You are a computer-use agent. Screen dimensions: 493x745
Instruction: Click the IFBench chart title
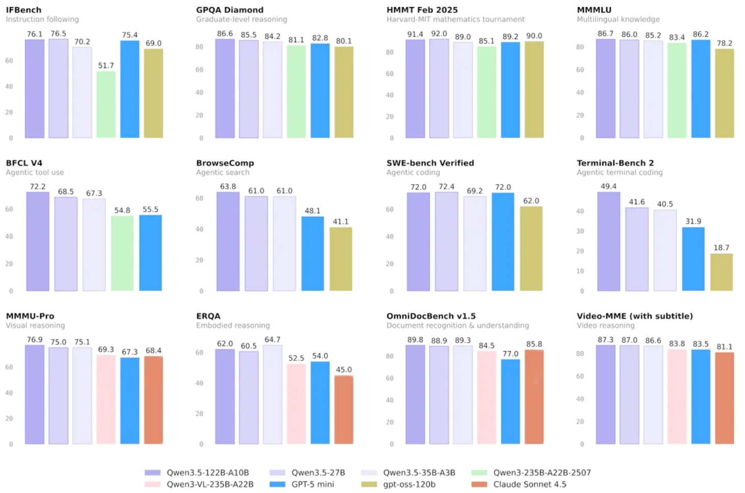23,10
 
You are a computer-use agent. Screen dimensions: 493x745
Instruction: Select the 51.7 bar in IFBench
106,105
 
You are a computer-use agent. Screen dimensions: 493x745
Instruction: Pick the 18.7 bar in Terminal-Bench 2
721,273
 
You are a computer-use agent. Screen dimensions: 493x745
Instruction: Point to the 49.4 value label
608,186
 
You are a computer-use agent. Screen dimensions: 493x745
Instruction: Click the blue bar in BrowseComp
313,254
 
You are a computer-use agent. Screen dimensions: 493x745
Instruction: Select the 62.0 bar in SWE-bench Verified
531,249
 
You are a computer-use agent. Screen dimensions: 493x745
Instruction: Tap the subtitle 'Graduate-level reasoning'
241,19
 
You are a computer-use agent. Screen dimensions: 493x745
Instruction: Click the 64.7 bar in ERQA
272,395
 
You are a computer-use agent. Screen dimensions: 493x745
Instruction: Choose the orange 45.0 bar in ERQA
344,410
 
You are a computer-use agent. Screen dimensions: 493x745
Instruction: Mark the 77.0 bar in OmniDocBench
510,402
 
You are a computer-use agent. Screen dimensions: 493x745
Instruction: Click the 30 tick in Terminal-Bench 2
580,231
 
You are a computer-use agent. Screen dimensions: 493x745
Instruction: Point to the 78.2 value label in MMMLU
724,43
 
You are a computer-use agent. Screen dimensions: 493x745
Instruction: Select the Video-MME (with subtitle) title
634,316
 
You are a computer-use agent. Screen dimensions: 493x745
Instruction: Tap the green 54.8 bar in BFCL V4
122,254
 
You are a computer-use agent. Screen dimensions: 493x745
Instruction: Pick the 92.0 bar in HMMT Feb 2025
439,88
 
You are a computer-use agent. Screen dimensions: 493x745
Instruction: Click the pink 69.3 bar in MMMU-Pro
106,400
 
